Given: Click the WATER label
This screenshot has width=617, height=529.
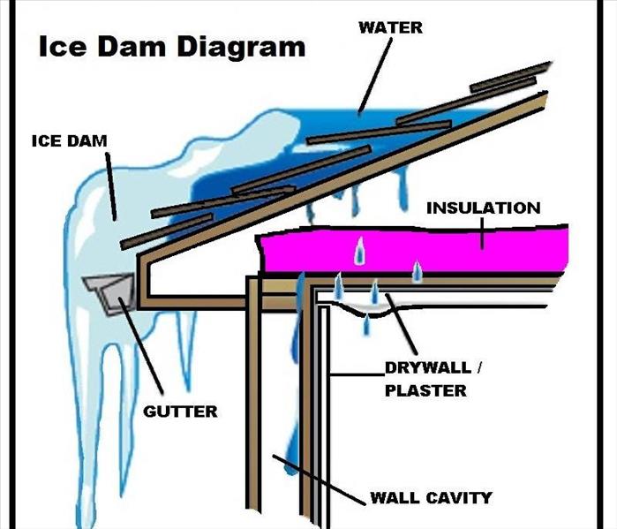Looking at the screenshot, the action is pyautogui.click(x=390, y=27).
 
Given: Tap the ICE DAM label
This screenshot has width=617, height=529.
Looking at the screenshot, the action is pyautogui.click(x=69, y=141).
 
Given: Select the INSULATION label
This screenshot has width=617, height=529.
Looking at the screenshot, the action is pyautogui.click(x=483, y=208).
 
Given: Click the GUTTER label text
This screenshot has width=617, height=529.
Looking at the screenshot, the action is pyautogui.click(x=180, y=412).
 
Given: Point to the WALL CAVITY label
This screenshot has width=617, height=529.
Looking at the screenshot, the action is pyautogui.click(x=431, y=497).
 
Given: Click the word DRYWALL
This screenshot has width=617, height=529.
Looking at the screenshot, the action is pyautogui.click(x=428, y=367).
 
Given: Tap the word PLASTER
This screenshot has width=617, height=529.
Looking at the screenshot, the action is pyautogui.click(x=425, y=390).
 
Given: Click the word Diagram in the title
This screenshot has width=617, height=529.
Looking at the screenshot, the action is pyautogui.click(x=241, y=47).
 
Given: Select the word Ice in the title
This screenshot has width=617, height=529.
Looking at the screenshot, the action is pyautogui.click(x=62, y=47).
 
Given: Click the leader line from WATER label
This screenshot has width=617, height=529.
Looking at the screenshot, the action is pyautogui.click(x=375, y=76).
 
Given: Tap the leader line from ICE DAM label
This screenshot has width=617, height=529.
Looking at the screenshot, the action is pyautogui.click(x=111, y=186).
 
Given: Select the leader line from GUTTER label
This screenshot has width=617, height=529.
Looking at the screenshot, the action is pyautogui.click(x=140, y=345).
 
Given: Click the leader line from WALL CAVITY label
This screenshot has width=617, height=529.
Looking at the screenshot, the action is pyautogui.click(x=319, y=479).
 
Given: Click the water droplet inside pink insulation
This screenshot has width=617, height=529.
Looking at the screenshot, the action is pyautogui.click(x=359, y=251).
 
